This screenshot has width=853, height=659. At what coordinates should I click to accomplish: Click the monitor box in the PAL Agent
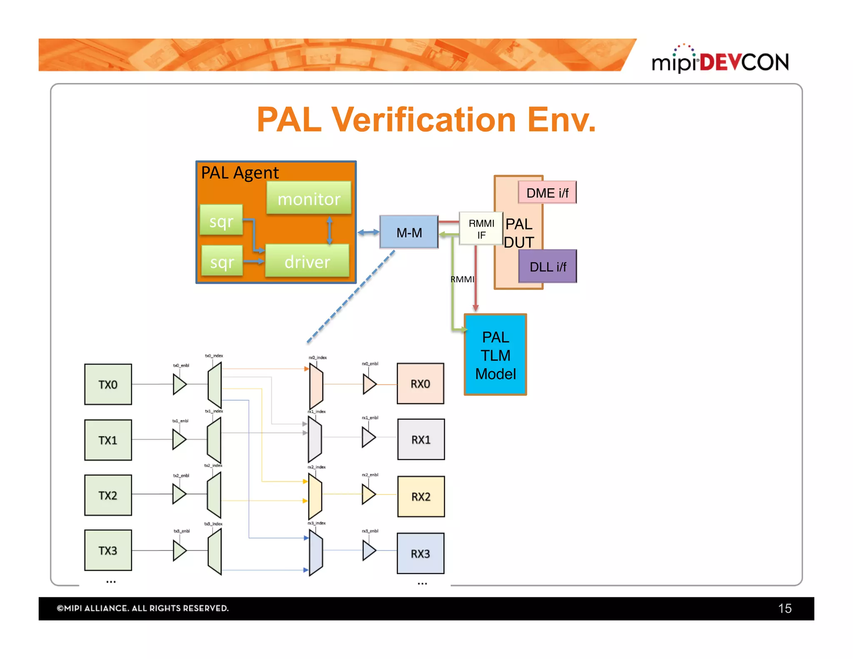[x=309, y=198]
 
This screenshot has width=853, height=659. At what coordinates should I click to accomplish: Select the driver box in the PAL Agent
[x=307, y=261]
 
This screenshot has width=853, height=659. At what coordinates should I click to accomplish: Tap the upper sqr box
[x=221, y=220]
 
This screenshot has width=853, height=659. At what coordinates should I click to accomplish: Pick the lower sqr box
[x=222, y=261]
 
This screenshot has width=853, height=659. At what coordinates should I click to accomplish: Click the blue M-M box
[x=409, y=232]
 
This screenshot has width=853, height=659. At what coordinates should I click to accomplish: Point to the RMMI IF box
[x=481, y=229]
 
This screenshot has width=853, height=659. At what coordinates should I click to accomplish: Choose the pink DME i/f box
[x=547, y=192]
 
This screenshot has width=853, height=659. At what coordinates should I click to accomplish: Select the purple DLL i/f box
[x=547, y=267]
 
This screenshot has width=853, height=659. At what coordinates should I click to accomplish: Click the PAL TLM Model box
[x=495, y=355]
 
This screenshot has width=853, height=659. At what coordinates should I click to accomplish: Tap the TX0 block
[x=108, y=384]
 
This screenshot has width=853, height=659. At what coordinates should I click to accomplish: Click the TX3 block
[x=108, y=550]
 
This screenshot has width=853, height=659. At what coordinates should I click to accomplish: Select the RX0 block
[x=420, y=384]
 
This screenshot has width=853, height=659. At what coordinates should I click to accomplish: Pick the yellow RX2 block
[x=421, y=497]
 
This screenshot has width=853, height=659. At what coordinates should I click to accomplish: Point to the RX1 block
[x=421, y=439]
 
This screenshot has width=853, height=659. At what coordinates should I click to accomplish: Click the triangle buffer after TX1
[x=179, y=439]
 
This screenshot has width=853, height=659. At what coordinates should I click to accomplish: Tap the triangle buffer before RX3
[x=369, y=550]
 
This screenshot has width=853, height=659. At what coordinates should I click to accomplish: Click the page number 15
[x=784, y=608]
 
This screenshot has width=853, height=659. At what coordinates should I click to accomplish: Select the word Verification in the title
[x=424, y=120]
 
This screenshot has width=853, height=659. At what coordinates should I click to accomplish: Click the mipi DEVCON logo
[x=720, y=61]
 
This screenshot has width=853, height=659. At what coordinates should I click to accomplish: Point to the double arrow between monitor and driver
[x=329, y=230]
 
